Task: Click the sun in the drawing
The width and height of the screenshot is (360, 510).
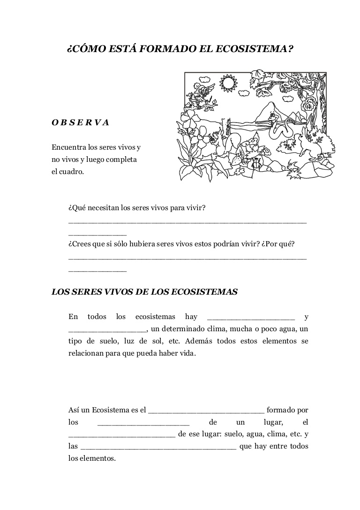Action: pyautogui.click(x=228, y=84)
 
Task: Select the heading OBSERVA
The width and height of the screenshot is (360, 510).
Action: pyautogui.click(x=80, y=122)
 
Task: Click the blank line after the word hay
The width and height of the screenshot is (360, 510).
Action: pyautogui.click(x=250, y=317)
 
